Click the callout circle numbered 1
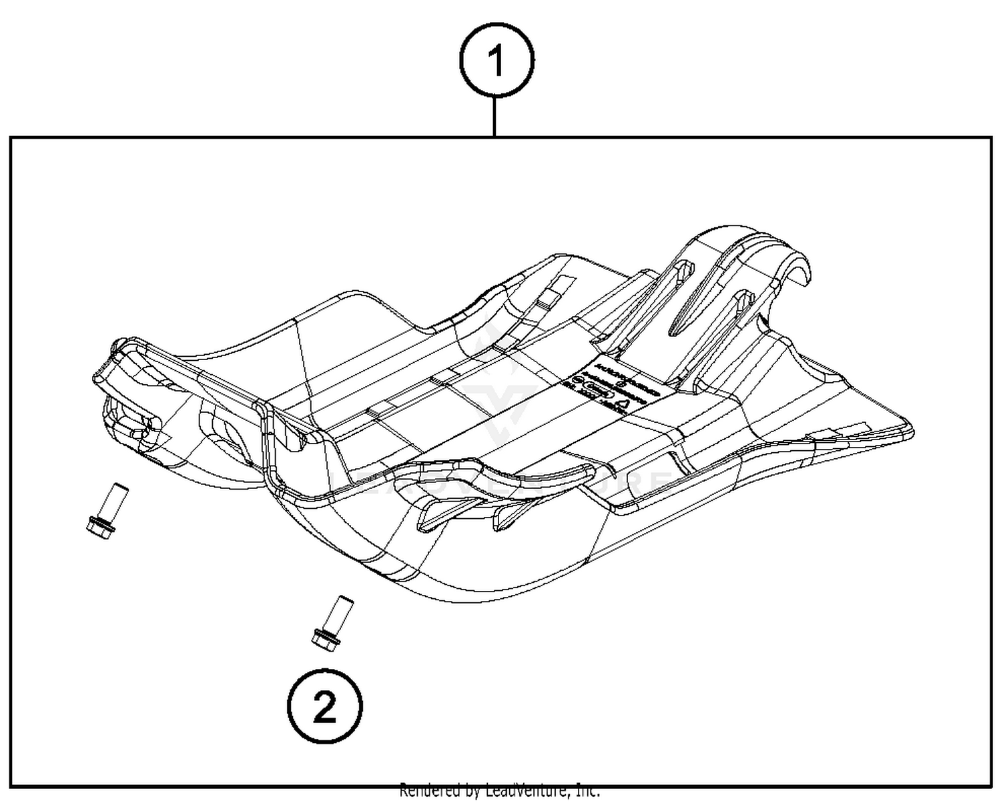(496, 61)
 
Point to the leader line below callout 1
(494, 117)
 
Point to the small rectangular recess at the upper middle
(557, 287)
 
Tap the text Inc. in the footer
(587, 791)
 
